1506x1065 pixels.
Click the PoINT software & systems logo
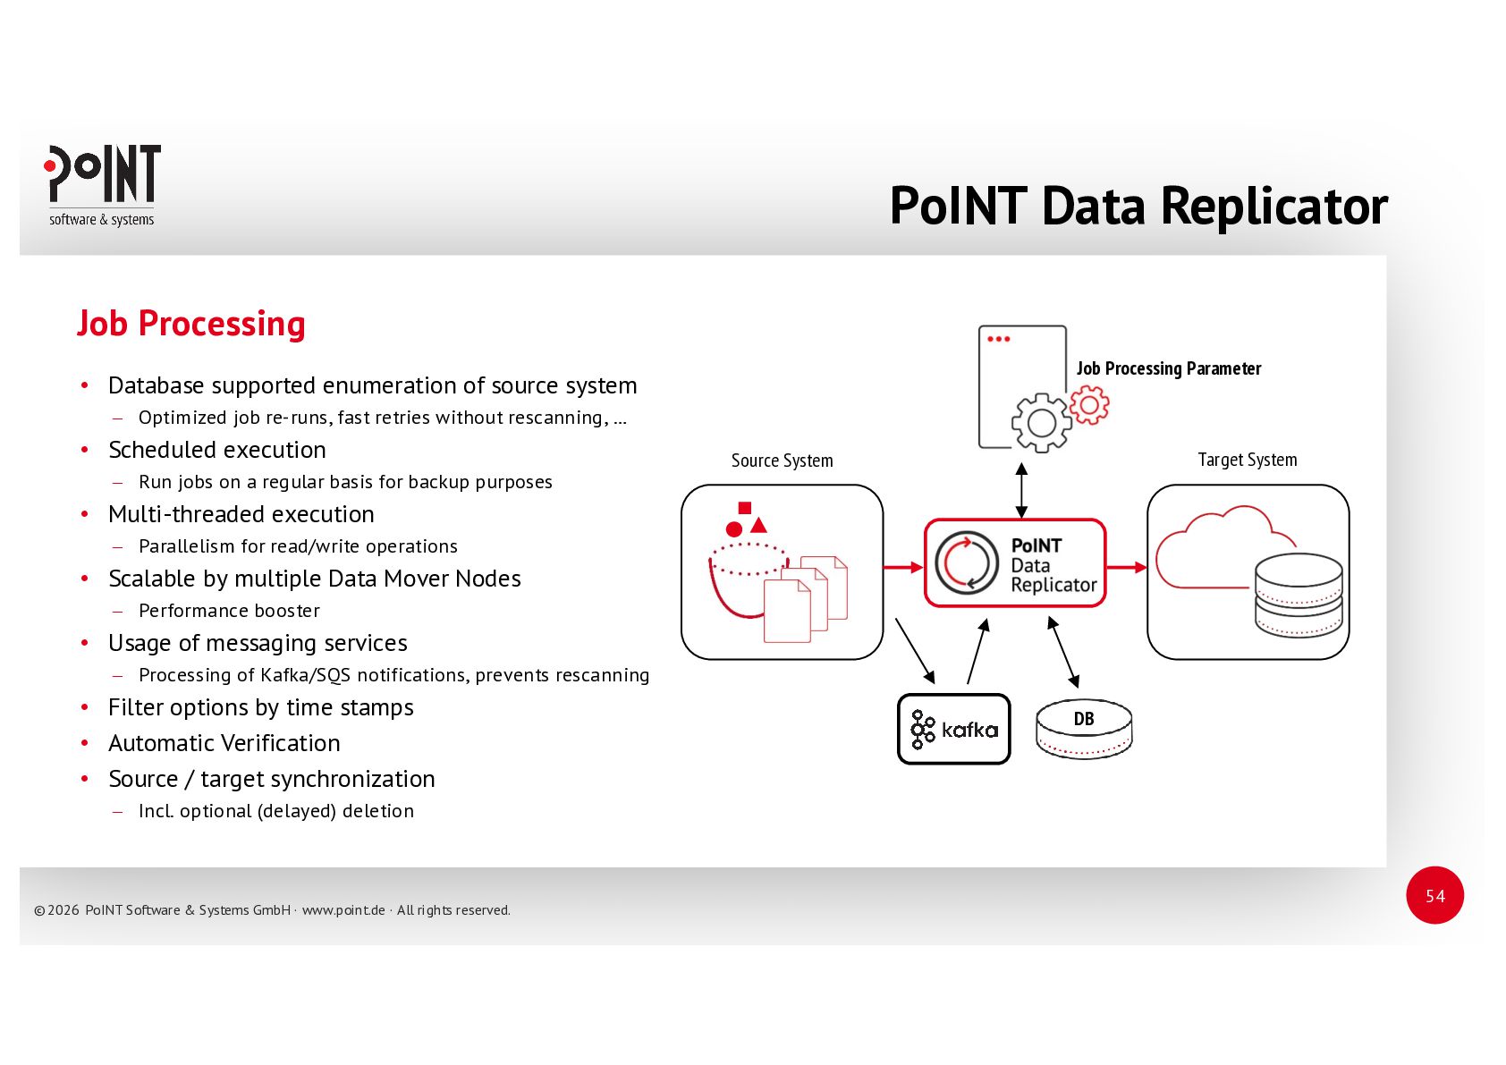(102, 185)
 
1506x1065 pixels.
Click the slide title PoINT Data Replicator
(1138, 207)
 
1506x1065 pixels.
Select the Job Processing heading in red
(191, 324)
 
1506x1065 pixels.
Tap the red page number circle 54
(1434, 895)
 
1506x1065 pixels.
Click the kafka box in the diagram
(953, 729)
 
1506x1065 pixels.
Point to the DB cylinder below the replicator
(1084, 729)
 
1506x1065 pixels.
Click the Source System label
(782, 461)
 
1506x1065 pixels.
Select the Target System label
(1247, 460)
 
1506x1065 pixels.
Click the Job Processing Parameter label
(1168, 368)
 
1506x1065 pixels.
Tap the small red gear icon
(1089, 405)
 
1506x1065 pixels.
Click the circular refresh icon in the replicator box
(966, 563)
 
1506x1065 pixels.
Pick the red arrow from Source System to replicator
(903, 567)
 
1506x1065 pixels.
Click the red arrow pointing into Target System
(1127, 567)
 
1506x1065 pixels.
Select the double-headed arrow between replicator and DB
(1063, 652)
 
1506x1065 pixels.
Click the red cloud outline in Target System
(1216, 545)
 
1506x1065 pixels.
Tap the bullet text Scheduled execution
(217, 450)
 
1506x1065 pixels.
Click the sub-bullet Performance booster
(229, 611)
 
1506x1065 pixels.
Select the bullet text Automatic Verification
(224, 743)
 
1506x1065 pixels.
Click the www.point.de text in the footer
(343, 910)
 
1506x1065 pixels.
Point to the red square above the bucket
(744, 508)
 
